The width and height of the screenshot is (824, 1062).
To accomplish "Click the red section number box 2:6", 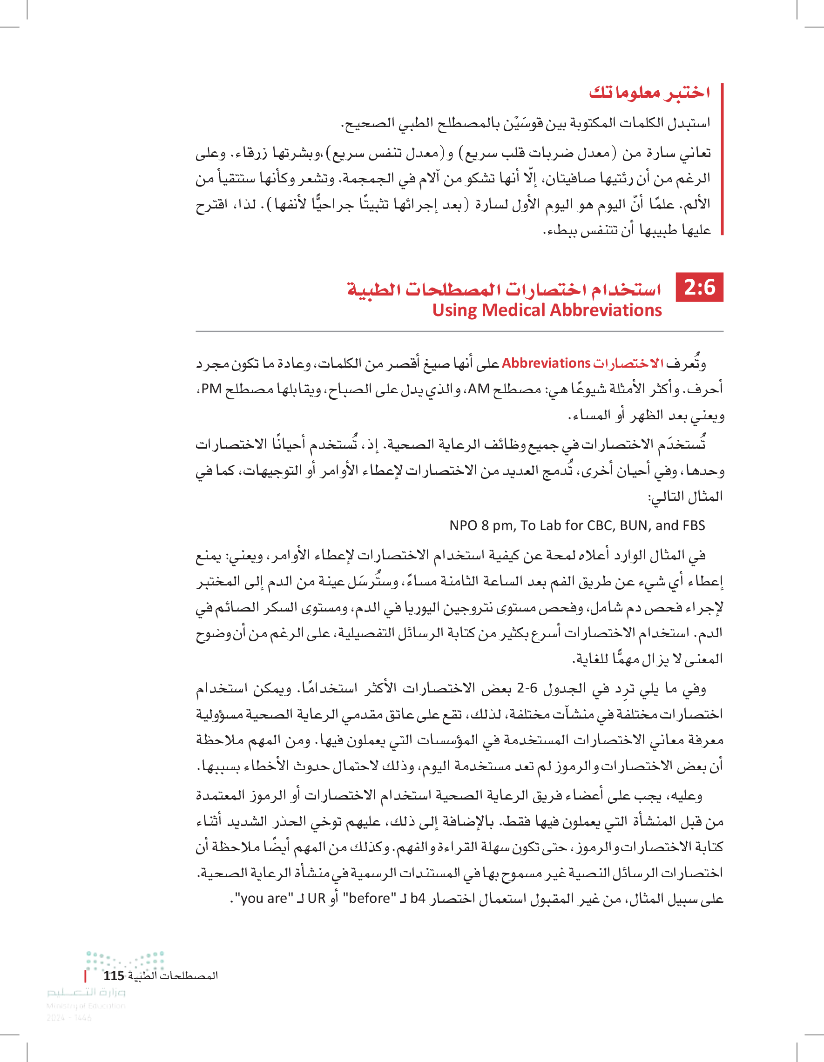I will (x=700, y=288).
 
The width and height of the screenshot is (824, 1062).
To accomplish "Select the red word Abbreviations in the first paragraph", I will (x=546, y=363).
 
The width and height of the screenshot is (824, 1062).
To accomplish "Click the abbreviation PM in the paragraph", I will (x=212, y=389).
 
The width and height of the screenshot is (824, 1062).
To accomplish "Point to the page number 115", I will (x=114, y=975).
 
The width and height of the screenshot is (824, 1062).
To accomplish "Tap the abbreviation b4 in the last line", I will (x=418, y=898).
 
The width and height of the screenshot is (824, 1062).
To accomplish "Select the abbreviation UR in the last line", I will (x=316, y=898).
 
